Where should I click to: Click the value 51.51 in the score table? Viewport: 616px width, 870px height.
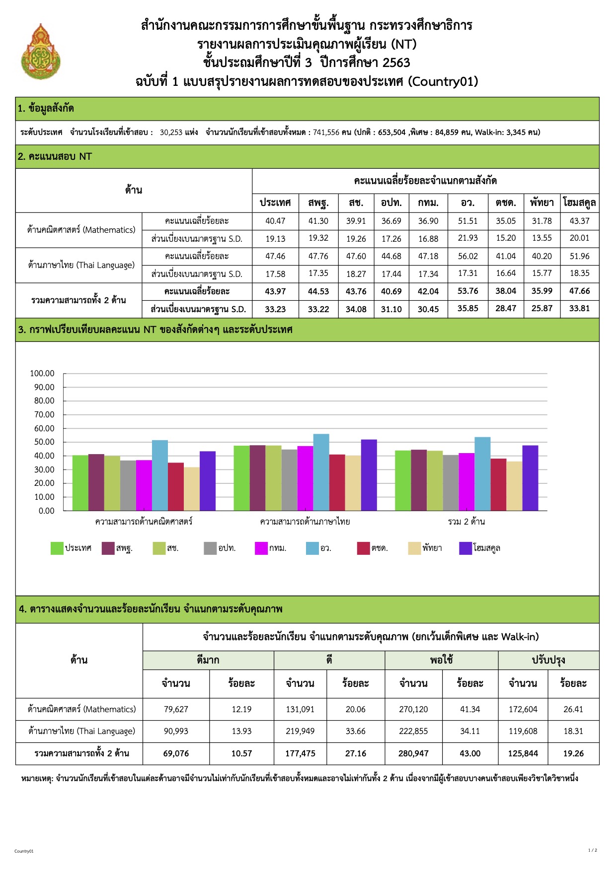click(467, 221)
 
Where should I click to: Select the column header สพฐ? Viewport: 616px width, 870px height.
click(318, 202)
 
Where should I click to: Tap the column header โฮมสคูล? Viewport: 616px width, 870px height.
click(579, 202)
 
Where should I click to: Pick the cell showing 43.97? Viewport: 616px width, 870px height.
click(275, 291)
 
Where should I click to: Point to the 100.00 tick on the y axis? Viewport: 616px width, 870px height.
click(42, 373)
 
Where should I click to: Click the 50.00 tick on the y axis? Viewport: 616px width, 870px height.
click(42, 442)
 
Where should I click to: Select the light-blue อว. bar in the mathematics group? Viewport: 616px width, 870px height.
click(160, 475)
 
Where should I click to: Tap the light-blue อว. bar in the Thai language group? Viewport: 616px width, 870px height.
click(321, 472)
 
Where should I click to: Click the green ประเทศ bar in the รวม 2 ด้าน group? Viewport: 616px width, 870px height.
click(403, 480)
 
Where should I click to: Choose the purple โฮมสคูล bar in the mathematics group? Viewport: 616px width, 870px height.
click(208, 480)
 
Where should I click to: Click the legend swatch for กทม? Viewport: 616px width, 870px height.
click(261, 548)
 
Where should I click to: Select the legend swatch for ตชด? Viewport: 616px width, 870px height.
click(363, 548)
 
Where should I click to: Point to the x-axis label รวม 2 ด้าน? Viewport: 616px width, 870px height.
click(466, 522)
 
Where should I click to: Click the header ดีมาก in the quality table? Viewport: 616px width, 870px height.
click(208, 660)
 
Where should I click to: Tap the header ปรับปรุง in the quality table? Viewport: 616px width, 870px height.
click(548, 660)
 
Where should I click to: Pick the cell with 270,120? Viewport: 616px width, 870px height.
click(413, 709)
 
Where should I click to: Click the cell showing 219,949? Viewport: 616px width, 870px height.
click(300, 731)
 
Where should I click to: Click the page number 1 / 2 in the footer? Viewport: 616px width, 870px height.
click(593, 850)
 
